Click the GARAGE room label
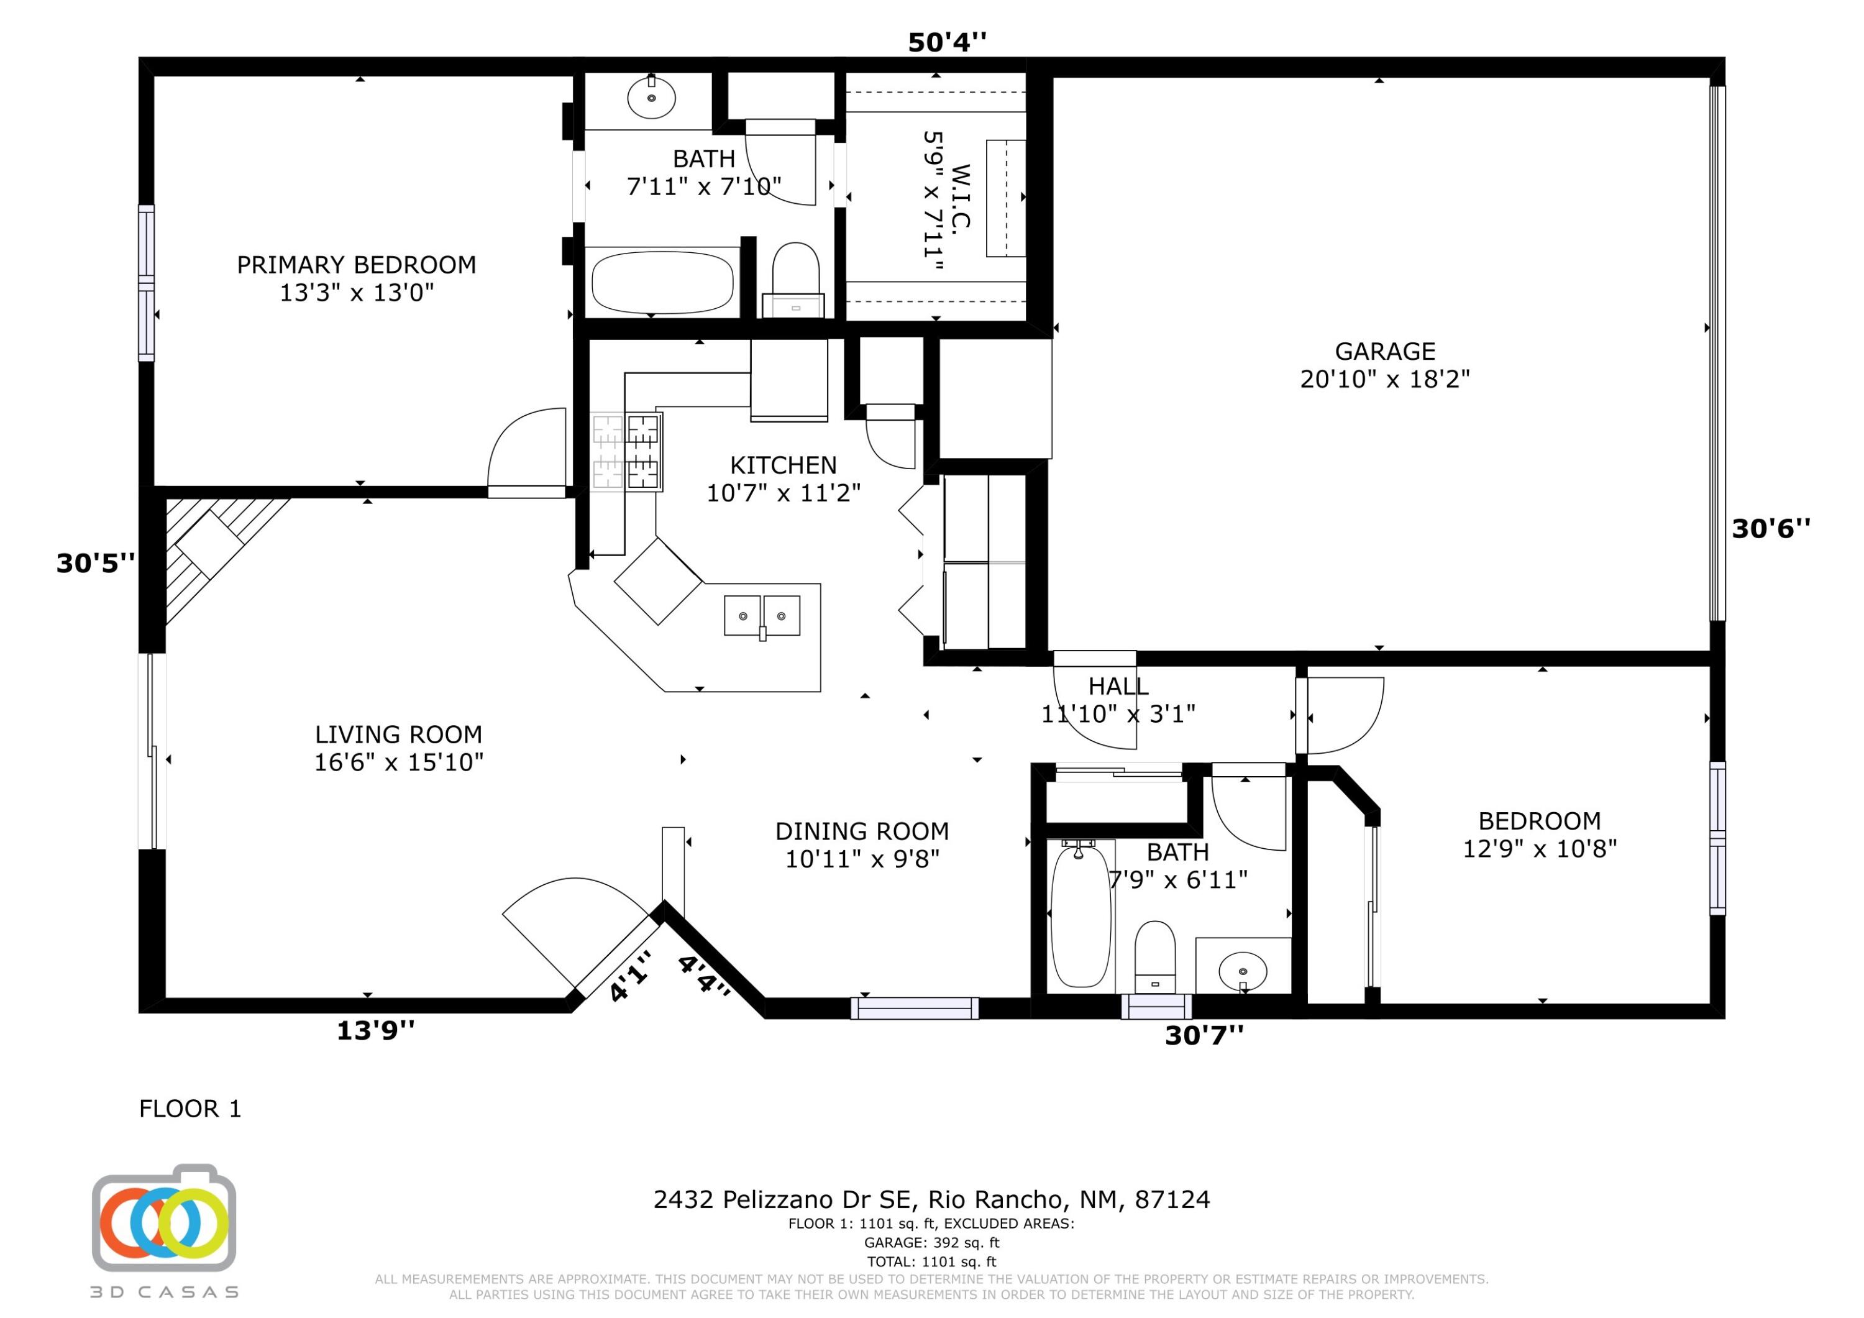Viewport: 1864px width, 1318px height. pos(1385,352)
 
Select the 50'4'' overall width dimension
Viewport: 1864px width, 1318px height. pos(947,42)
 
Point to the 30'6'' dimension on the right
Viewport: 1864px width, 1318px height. pos(1771,529)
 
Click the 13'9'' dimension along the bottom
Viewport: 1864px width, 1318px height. pos(375,1030)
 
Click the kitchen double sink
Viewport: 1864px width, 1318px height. pos(762,615)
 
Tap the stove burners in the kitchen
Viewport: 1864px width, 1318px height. pos(627,452)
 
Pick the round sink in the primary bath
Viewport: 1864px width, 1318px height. pos(651,98)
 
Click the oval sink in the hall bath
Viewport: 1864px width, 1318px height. pos(1242,971)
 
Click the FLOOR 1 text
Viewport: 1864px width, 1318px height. pos(190,1109)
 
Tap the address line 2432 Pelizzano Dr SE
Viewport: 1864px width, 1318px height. pos(931,1199)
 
